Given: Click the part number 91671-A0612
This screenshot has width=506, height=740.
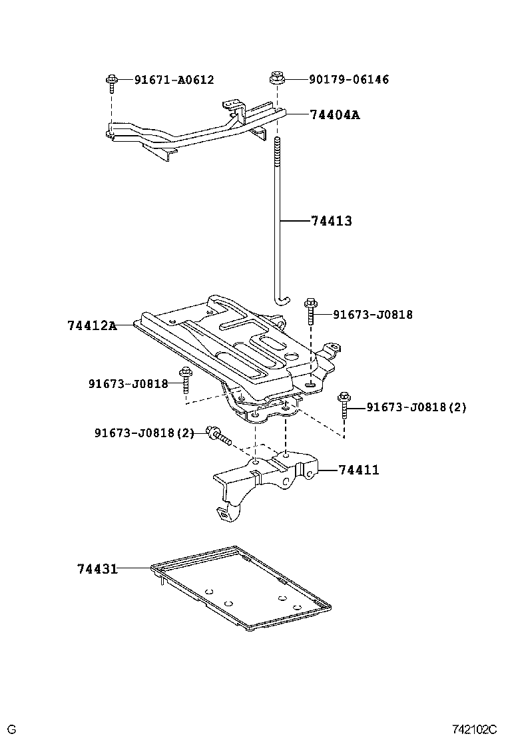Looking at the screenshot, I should [x=174, y=80].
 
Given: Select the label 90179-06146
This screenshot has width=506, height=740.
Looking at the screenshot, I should [x=349, y=80].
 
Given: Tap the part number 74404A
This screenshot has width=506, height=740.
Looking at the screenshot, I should [x=335, y=115].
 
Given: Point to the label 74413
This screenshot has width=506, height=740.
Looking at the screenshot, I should [x=331, y=222].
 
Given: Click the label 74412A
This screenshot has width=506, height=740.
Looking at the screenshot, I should [x=92, y=325].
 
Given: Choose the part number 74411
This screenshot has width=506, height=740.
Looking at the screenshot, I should [x=359, y=470].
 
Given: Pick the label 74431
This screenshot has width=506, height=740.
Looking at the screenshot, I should [x=97, y=569].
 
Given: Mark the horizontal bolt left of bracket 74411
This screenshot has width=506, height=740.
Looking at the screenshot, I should [x=218, y=435].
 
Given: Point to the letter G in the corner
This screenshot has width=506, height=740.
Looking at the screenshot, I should [x=11, y=729].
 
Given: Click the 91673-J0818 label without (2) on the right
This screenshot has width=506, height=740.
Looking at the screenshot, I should [x=373, y=314].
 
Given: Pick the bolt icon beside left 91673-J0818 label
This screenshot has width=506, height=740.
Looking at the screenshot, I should [x=185, y=382].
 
